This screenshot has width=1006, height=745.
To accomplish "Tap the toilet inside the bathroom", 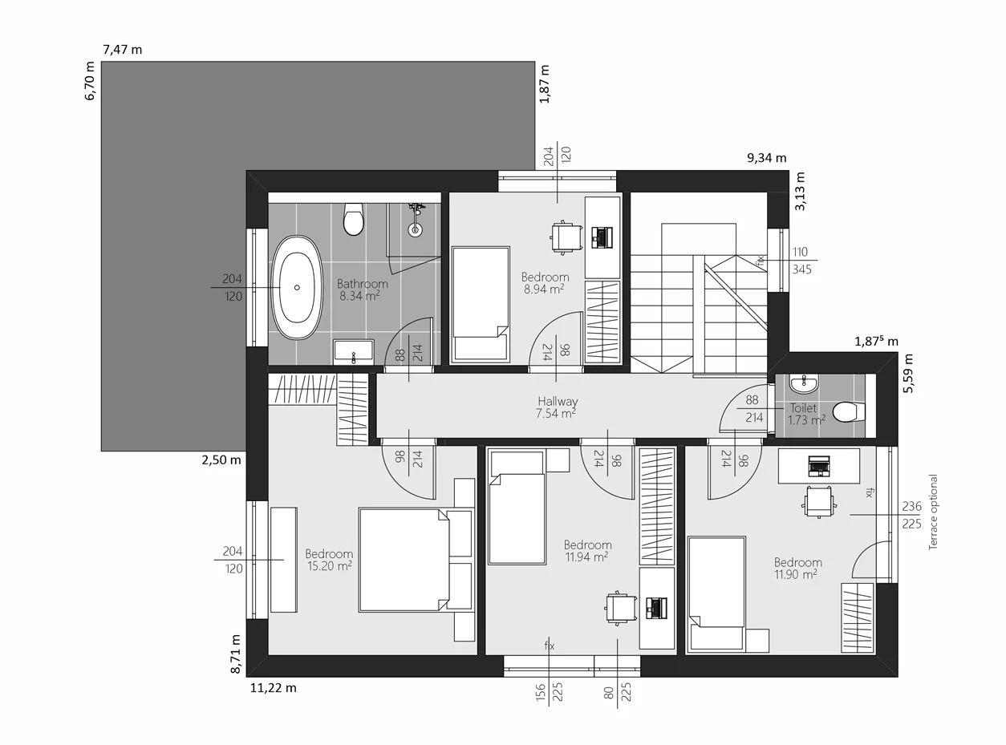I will click(353, 220).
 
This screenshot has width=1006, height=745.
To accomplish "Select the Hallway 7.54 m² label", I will click(557, 407).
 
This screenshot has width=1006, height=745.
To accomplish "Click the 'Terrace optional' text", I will click(933, 512).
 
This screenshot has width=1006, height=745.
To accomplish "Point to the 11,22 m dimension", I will click(273, 687).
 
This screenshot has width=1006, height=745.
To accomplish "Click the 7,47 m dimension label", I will click(123, 50).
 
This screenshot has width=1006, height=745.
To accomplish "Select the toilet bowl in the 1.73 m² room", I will click(849, 412).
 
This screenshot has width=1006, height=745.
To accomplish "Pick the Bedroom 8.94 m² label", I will click(545, 283).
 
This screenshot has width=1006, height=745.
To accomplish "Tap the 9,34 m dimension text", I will click(767, 158).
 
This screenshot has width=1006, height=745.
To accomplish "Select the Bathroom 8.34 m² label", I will click(362, 289).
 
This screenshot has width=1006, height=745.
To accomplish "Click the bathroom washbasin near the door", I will click(353, 351).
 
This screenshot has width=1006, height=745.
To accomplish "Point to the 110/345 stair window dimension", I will click(801, 261).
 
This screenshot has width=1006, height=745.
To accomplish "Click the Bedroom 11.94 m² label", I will click(587, 550).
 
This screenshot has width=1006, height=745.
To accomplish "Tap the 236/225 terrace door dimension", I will click(911, 515).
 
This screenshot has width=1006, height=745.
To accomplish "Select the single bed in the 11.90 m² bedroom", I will click(716, 592).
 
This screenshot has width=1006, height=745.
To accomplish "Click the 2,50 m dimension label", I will click(221, 460).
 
